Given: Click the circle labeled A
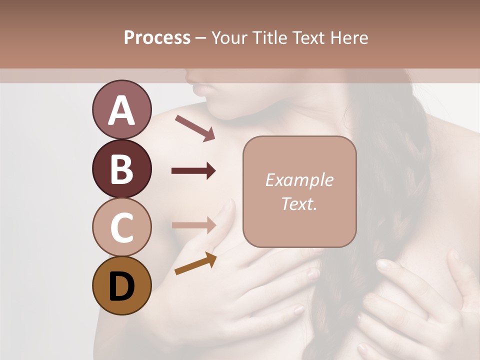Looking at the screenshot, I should click(x=121, y=110).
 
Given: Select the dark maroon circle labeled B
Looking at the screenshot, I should click(x=121, y=168).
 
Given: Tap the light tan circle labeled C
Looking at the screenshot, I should click(x=121, y=227).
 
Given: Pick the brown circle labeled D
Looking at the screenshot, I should click(x=121, y=285).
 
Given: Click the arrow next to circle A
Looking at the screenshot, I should click(x=194, y=127).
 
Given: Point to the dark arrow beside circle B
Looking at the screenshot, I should click(x=193, y=171).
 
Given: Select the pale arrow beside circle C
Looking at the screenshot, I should click(x=193, y=224).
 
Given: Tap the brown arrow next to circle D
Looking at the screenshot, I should click(x=195, y=263).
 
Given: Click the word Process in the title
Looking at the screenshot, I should click(x=157, y=37).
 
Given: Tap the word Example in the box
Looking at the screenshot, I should click(x=299, y=180).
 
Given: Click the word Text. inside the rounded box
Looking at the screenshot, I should click(x=299, y=203).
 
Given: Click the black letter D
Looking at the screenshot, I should click(x=121, y=286).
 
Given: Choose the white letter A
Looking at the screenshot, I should click(x=121, y=110).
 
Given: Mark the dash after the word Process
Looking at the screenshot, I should click(x=201, y=38).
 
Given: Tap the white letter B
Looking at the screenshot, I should click(x=121, y=169).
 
